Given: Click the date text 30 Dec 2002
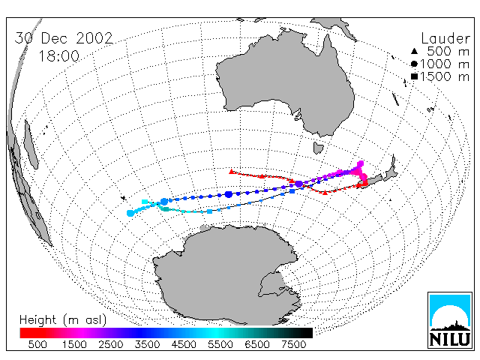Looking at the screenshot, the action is [64, 38].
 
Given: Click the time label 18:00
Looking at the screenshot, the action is [58, 56].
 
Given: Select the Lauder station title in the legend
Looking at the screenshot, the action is [445, 38].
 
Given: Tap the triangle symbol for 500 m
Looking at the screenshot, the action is [414, 51].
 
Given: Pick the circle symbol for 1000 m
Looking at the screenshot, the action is [414, 64].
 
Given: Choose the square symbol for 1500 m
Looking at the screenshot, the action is [414, 76].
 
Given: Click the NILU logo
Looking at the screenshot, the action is [450, 320].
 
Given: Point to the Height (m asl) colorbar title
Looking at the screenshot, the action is [63, 320].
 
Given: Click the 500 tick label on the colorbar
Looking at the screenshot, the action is [37, 344].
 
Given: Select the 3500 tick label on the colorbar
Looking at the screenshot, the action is [147, 344].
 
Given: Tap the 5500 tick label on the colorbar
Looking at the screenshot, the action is [220, 344].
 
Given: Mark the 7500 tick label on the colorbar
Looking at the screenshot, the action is [293, 344].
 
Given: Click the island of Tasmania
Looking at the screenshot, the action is [318, 148].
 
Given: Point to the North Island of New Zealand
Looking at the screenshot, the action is [390, 170].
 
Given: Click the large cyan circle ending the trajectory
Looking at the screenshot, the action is [130, 213].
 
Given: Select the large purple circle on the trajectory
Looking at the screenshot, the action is [298, 184].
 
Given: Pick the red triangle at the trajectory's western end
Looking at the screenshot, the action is [232, 172].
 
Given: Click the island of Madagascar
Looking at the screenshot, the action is [31, 144].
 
